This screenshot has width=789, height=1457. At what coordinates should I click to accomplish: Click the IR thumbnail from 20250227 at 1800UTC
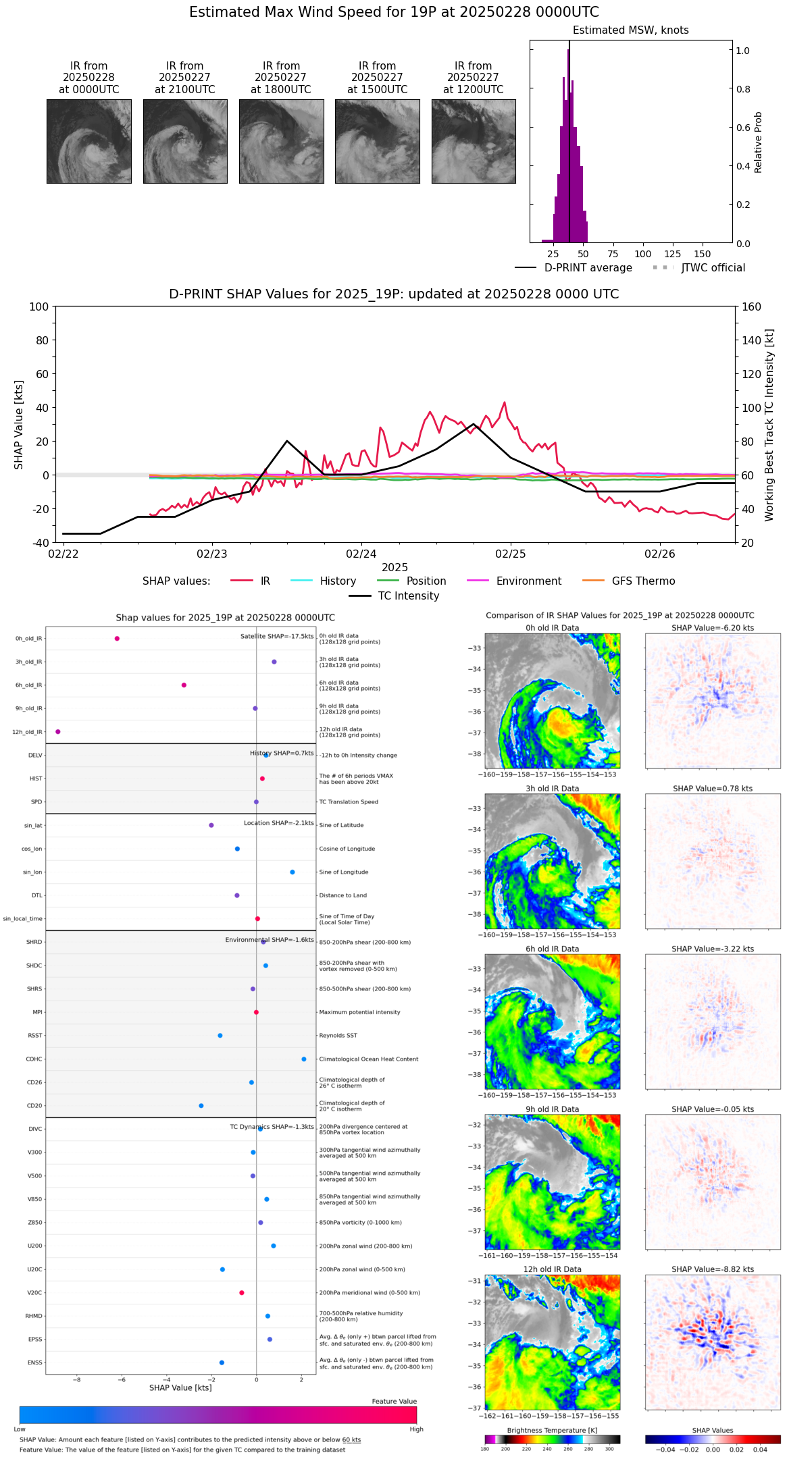[281, 141]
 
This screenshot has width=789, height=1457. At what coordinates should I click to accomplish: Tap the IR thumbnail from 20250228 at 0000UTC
[88, 141]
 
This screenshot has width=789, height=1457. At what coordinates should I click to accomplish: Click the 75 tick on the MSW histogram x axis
[613, 254]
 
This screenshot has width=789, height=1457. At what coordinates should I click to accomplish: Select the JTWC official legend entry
[713, 268]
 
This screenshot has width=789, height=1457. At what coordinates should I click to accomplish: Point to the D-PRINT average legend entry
[588, 268]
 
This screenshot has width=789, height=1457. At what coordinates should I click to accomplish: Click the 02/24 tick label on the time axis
[361, 554]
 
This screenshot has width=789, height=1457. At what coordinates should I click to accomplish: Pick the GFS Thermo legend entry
[643, 581]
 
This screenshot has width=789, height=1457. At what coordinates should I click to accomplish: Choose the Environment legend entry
[528, 581]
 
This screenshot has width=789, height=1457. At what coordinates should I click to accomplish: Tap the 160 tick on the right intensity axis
[752, 307]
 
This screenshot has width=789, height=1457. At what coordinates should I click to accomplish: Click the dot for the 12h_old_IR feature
[58, 732]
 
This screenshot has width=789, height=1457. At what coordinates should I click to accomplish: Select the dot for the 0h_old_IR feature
[117, 639]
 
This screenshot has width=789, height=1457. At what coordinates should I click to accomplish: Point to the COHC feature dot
[304, 1059]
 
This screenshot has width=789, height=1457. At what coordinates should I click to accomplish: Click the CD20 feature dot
[201, 1106]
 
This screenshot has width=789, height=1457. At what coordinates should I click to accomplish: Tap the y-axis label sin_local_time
[23, 919]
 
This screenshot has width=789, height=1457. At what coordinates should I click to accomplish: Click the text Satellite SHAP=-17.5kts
[277, 637]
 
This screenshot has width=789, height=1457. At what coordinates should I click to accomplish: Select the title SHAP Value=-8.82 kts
[713, 1269]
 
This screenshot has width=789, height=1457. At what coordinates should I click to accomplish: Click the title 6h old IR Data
[552, 949]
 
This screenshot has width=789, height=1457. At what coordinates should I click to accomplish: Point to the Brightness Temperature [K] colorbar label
[552, 1430]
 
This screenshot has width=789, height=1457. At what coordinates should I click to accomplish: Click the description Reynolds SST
[338, 1036]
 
